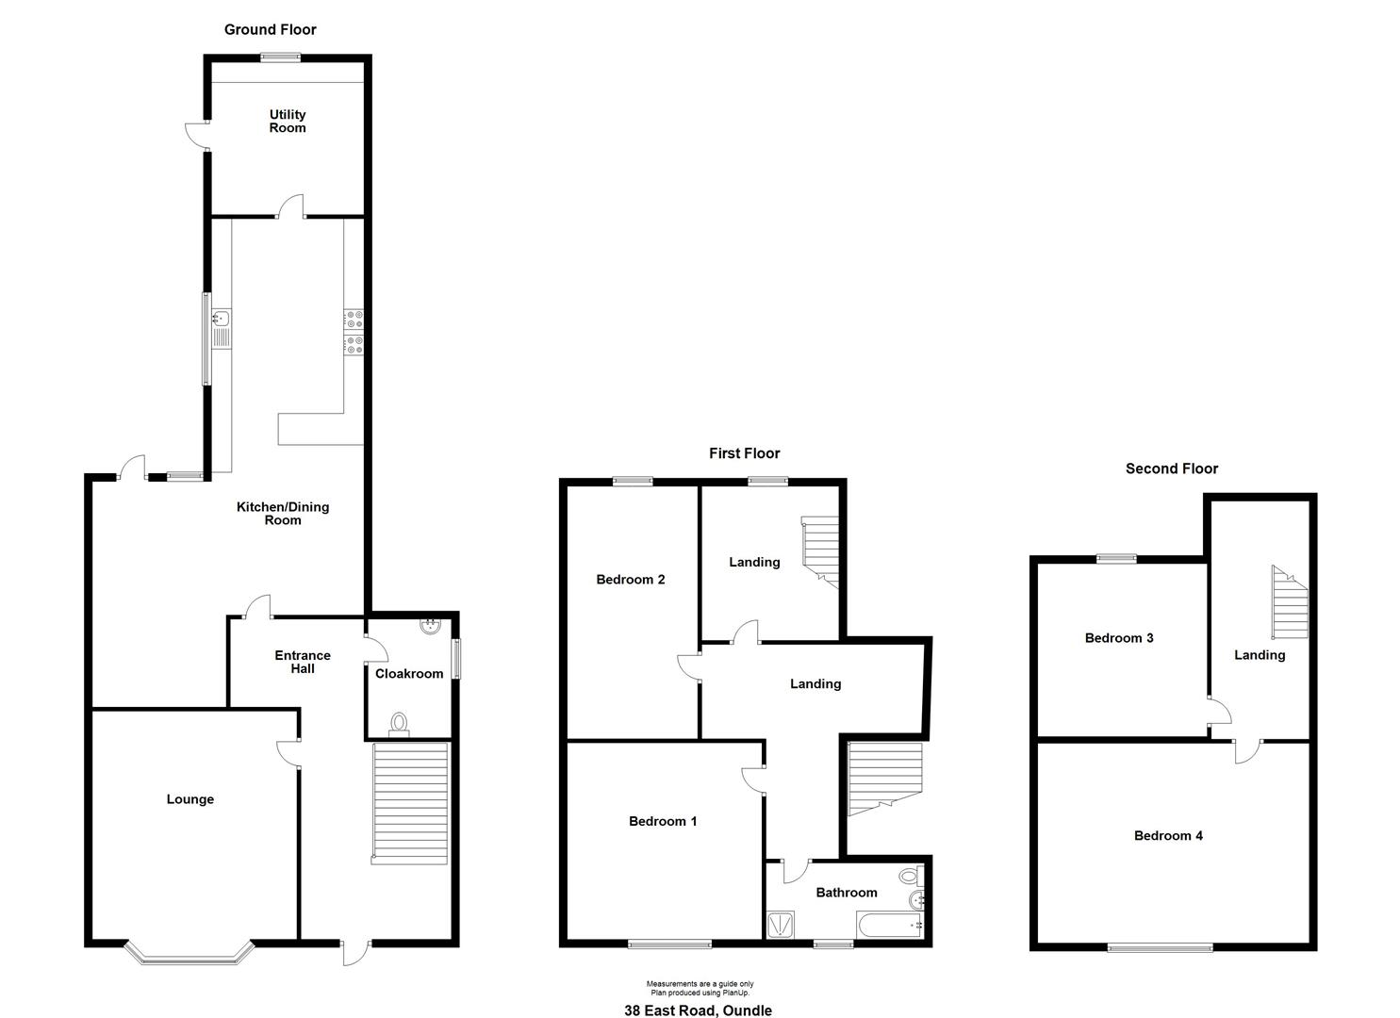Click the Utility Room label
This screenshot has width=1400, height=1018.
point(288,122)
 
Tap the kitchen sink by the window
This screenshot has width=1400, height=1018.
point(222,329)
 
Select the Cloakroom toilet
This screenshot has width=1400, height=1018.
point(400,725)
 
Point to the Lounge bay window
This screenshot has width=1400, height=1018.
point(190,952)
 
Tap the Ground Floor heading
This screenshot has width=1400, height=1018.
point(270,29)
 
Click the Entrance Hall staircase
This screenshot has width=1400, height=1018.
point(410,804)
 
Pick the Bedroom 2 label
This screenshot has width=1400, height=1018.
point(631,580)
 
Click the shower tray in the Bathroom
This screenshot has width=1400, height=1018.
point(780,925)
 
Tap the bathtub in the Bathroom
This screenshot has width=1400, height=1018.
point(889,925)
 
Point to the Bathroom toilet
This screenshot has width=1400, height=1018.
point(911,876)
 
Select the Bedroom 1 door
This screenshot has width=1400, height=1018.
point(754,780)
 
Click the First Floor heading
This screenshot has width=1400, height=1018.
point(745,453)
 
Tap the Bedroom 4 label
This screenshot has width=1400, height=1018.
point(1168,835)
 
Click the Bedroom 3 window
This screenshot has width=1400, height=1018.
point(1117,559)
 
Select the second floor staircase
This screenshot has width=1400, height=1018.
point(1290,602)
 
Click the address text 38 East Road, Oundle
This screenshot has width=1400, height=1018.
point(699,1010)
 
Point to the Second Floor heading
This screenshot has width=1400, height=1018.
point(1172,468)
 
